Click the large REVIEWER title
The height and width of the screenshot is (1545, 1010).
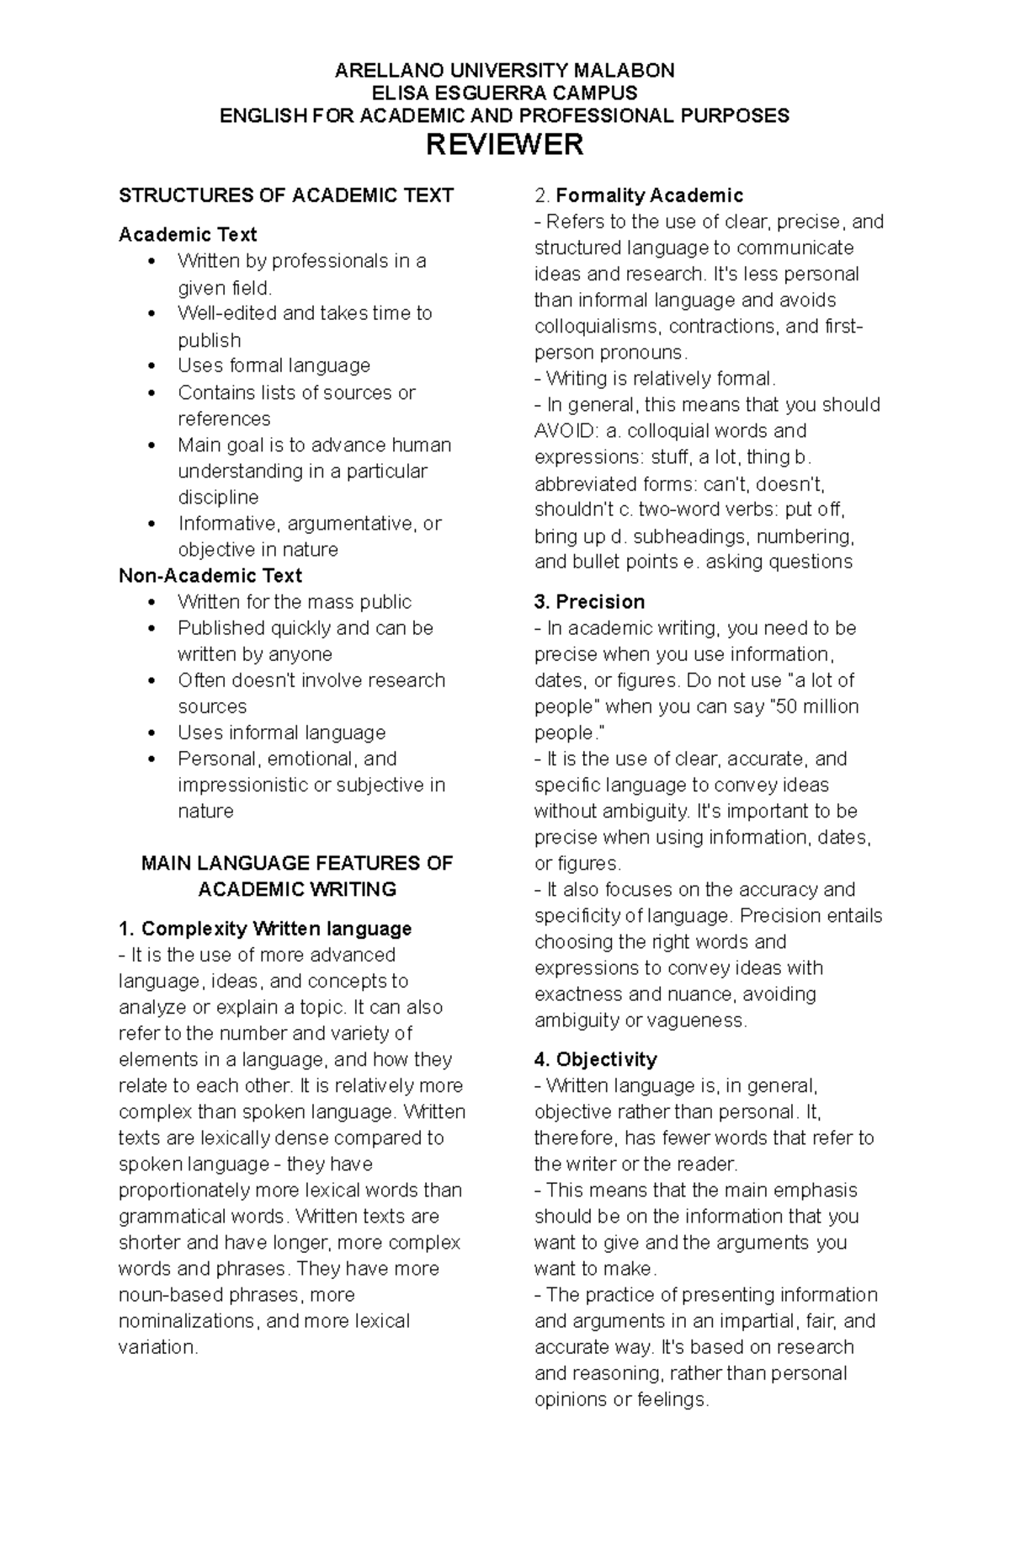[x=504, y=145]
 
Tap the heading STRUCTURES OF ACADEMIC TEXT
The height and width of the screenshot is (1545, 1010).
[x=286, y=196]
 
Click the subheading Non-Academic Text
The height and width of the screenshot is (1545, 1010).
[x=210, y=576]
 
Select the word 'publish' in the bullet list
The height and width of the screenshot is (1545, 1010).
[x=209, y=340]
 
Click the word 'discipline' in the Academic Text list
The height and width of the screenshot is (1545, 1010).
[x=218, y=497]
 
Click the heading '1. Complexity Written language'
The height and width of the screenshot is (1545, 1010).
[x=265, y=929]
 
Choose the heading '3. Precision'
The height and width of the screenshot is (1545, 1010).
[x=589, y=602]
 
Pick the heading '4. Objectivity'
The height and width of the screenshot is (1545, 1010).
[x=595, y=1059]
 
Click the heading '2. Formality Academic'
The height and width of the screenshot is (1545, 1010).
[x=639, y=196]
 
